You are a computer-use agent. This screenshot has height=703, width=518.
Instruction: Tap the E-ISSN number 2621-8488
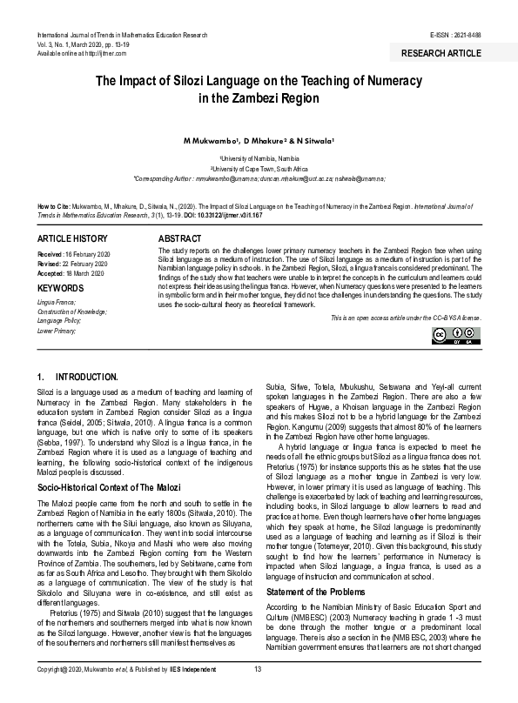click(x=465, y=34)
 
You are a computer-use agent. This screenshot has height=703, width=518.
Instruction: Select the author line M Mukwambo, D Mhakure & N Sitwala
click(x=259, y=139)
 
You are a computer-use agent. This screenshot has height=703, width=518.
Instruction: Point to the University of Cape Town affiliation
click(x=259, y=168)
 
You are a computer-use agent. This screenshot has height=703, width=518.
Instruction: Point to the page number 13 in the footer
click(x=258, y=693)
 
